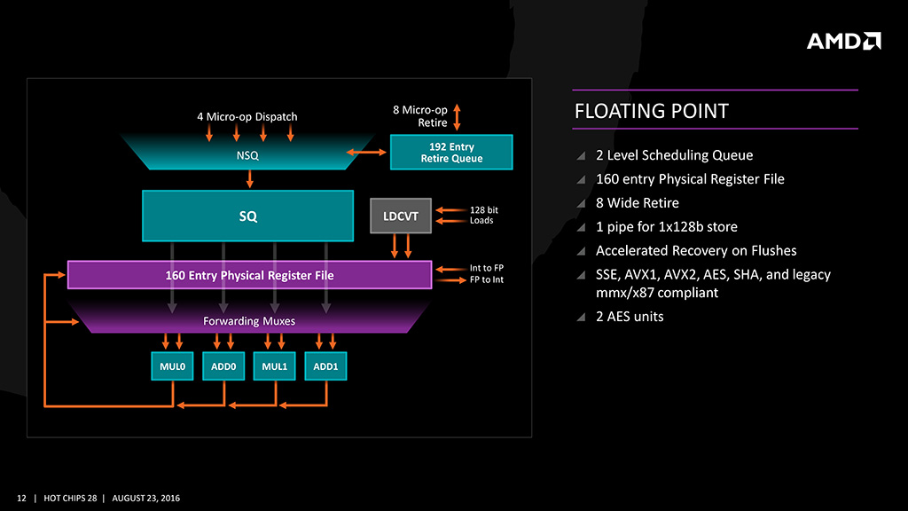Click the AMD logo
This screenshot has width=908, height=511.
tap(843, 41)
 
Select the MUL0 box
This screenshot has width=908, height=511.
tap(171, 366)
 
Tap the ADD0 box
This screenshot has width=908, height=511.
tap(223, 366)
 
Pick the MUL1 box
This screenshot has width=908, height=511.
tap(274, 366)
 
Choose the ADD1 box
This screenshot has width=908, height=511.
tap(325, 366)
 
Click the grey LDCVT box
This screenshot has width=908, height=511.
tap(400, 216)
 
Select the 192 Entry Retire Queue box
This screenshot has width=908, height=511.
tap(451, 153)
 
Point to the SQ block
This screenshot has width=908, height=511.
tap(248, 216)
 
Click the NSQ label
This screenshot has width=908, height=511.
tap(248, 155)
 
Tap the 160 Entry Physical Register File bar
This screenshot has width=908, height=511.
tap(249, 275)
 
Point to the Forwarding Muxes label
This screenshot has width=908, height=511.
tap(249, 320)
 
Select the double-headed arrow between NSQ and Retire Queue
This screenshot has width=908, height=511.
tap(367, 153)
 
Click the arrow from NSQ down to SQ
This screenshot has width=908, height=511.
tap(250, 177)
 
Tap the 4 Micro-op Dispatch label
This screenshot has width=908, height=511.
tap(247, 116)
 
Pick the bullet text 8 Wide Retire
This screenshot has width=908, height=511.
tap(637, 203)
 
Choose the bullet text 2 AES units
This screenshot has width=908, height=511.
tap(630, 316)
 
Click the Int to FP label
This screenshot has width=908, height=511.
tap(486, 267)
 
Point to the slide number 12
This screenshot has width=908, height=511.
tap(22, 498)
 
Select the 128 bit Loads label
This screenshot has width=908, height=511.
tap(483, 215)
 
